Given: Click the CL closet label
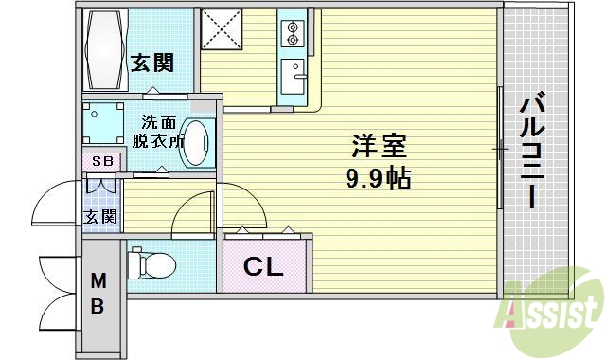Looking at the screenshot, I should (x=264, y=267).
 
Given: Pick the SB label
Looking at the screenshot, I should (x=98, y=162).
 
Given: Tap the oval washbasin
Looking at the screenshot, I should (x=196, y=141).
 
